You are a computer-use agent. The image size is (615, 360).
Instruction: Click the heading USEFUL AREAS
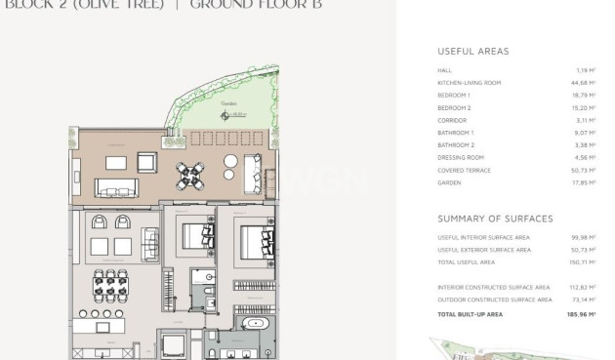tap(472, 51)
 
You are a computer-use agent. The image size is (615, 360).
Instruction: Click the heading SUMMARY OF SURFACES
tap(495, 219)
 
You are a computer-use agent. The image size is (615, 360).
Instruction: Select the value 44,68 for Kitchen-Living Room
tap(584, 83)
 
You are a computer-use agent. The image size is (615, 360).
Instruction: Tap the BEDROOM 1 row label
tap(454, 96)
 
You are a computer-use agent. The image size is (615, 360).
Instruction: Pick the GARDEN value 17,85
tap(584, 182)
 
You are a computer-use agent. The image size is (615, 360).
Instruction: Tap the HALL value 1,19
tap(586, 70)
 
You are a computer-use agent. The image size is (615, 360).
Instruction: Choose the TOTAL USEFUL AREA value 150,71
tap(582, 262)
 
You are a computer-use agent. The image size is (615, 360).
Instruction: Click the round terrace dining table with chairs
tap(188, 176)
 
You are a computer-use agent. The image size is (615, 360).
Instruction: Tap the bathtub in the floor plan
tap(256, 322)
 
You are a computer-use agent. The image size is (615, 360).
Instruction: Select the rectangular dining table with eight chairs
tap(110, 287)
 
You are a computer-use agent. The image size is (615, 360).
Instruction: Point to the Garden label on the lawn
tap(228, 103)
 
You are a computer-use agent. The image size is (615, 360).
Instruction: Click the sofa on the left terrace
tap(116, 187)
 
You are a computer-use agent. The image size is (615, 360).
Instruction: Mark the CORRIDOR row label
tap(452, 120)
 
